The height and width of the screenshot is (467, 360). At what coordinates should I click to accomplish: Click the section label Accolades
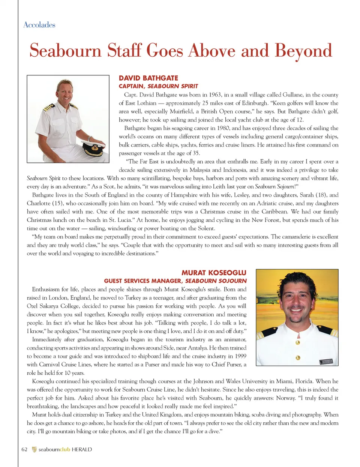click(x=39, y=25)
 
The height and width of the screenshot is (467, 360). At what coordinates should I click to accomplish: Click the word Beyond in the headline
click(x=303, y=51)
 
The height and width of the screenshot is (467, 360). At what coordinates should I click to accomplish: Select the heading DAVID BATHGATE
click(x=148, y=78)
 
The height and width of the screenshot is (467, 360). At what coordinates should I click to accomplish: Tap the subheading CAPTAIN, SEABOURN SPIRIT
click(x=158, y=86)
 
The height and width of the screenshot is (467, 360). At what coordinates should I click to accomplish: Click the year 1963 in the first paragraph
click(x=215, y=95)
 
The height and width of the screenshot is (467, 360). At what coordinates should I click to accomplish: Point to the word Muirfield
click(x=183, y=111)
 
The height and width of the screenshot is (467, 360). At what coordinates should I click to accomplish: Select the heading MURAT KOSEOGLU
click(x=214, y=273)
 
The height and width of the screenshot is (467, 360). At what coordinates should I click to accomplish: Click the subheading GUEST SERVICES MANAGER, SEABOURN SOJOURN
click(x=175, y=281)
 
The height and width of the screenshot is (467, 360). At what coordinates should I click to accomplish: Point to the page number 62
click(x=24, y=449)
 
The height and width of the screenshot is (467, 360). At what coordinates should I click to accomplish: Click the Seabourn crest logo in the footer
click(x=34, y=449)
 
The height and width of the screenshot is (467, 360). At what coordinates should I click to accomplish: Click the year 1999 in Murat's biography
click(x=240, y=356)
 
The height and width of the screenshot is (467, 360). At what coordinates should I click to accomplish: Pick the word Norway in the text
click(x=286, y=398)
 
